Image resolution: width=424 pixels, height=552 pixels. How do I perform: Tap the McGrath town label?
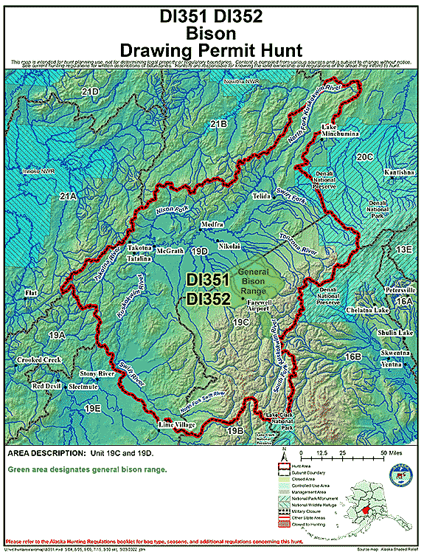[x=170, y=251]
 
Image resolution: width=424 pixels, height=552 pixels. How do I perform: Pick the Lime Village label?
[x=175, y=426]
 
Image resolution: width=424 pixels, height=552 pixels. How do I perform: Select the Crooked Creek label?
[x=40, y=360]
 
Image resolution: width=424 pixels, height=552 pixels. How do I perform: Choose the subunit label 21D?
[x=90, y=92]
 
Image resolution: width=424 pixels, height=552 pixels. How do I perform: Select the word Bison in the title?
[x=212, y=33]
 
